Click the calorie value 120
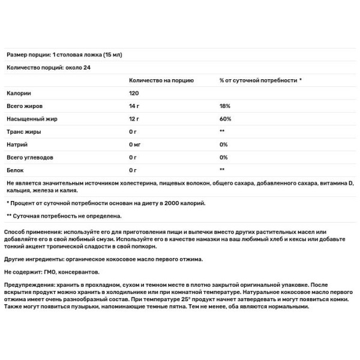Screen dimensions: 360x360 [x=134, y=93]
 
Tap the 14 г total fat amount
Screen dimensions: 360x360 [x=134, y=106]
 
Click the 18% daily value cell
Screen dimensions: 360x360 [x=225, y=106]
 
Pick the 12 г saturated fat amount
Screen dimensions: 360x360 [x=134, y=119]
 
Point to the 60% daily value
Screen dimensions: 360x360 [x=225, y=119]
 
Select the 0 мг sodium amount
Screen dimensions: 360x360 [x=135, y=145]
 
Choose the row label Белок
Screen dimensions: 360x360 [x=15, y=170]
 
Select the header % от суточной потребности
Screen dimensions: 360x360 [x=260, y=80]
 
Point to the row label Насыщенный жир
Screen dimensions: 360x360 [x=29, y=119]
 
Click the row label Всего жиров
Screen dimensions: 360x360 [x=23, y=106]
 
